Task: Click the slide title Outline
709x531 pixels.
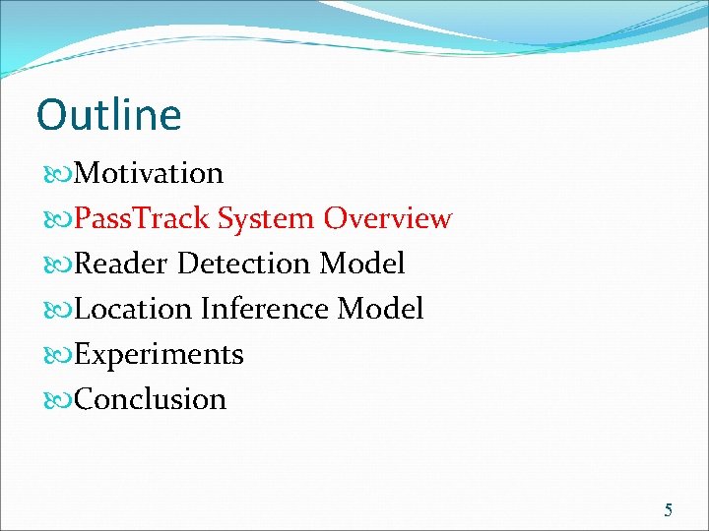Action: (x=108, y=115)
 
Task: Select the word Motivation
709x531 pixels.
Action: (x=149, y=173)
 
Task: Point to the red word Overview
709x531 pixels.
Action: (x=388, y=218)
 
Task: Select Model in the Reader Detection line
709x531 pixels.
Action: (x=362, y=264)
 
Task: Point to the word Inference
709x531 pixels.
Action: (x=265, y=309)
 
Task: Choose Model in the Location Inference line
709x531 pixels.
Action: (x=381, y=309)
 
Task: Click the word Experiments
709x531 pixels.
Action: (x=159, y=354)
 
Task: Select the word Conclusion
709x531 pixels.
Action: (x=150, y=399)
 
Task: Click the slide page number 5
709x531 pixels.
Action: (x=669, y=509)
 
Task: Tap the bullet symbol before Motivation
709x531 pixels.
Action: (x=56, y=174)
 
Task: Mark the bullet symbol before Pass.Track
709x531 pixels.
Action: (x=56, y=219)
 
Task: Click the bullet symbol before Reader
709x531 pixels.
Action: (x=56, y=265)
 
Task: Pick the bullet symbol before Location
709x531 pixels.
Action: (x=56, y=310)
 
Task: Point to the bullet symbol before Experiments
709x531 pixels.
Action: (x=56, y=355)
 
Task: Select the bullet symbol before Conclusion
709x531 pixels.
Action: (x=56, y=400)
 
